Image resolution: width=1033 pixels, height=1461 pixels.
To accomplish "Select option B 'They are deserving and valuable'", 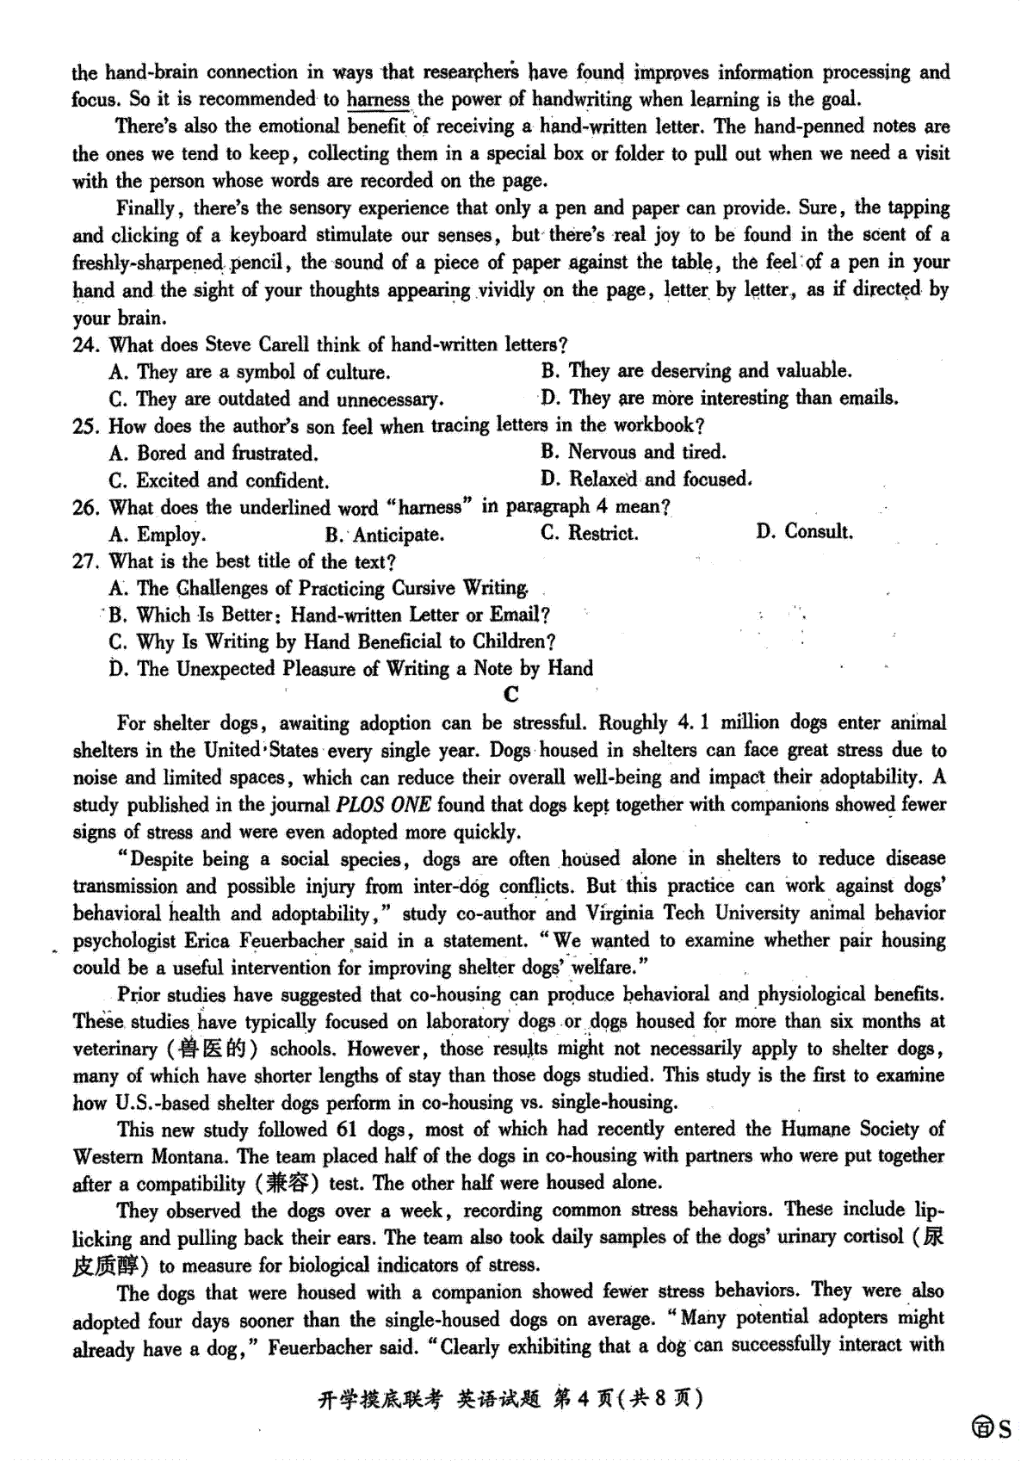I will coord(696,371).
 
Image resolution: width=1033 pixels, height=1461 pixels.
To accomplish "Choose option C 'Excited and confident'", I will coord(220,480).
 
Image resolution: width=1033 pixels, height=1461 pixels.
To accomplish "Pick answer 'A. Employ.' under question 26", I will coord(158,535).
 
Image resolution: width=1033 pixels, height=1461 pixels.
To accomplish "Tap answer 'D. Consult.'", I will coord(804,531).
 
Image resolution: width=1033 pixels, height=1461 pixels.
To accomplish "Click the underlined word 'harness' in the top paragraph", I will coord(378,99).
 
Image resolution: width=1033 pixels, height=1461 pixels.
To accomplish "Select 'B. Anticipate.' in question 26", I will coord(384,535).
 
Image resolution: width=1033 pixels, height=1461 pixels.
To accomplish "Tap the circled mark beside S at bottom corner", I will coord(982,1430).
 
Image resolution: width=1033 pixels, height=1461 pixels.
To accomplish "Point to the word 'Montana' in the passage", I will coord(191,1156).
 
